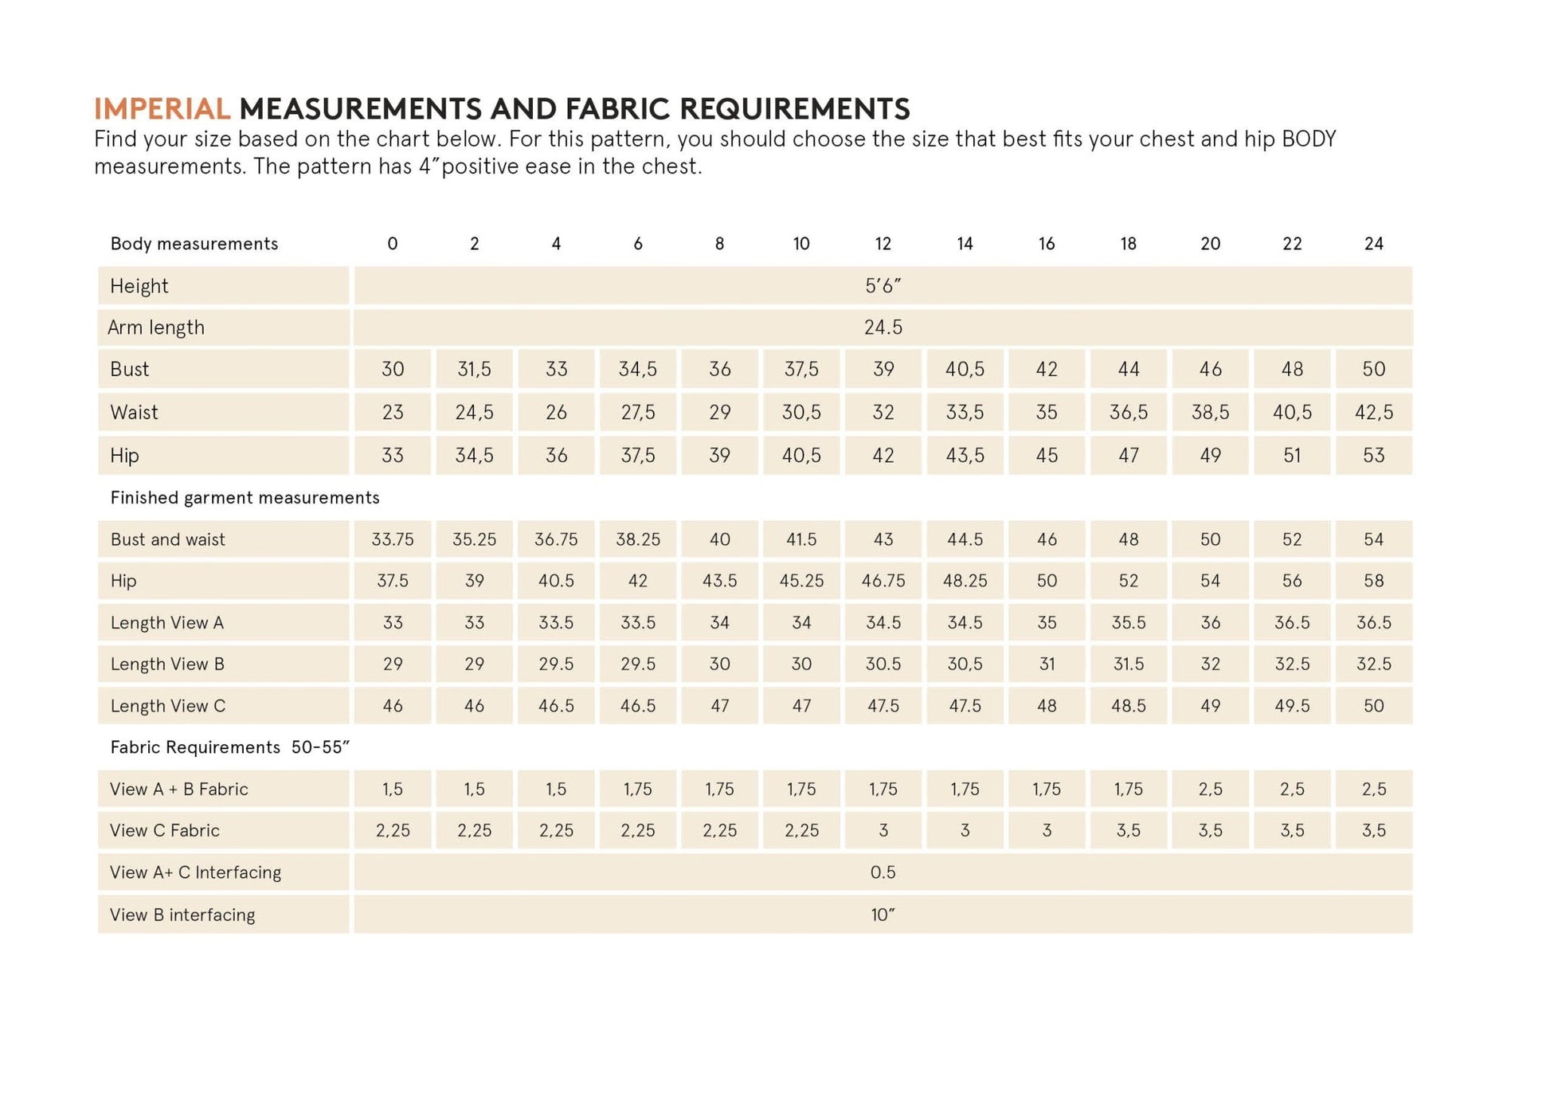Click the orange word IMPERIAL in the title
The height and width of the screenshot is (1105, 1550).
162,108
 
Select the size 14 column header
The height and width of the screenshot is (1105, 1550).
965,244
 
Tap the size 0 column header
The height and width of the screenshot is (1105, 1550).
393,244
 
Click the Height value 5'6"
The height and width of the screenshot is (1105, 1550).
883,286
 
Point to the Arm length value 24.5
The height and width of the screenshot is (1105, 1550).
883,327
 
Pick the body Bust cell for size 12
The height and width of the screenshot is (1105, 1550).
883,369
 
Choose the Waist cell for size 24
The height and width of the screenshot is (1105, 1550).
1373,412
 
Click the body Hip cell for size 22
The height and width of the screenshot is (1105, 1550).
1291,455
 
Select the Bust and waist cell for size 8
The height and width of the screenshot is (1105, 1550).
719,539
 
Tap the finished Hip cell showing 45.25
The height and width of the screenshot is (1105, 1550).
801,581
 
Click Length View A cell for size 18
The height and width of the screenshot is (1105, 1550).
1128,622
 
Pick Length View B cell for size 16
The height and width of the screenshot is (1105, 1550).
1047,664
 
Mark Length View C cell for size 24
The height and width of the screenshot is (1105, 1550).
1373,706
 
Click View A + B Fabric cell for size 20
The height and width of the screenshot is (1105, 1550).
1210,789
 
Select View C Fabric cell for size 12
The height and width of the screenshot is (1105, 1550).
883,830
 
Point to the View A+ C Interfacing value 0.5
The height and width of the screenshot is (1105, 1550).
883,872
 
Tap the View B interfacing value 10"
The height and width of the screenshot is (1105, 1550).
883,915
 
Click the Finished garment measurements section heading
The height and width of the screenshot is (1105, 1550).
245,498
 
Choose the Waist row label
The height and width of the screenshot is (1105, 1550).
134,412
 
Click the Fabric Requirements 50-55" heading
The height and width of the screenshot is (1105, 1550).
229,747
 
